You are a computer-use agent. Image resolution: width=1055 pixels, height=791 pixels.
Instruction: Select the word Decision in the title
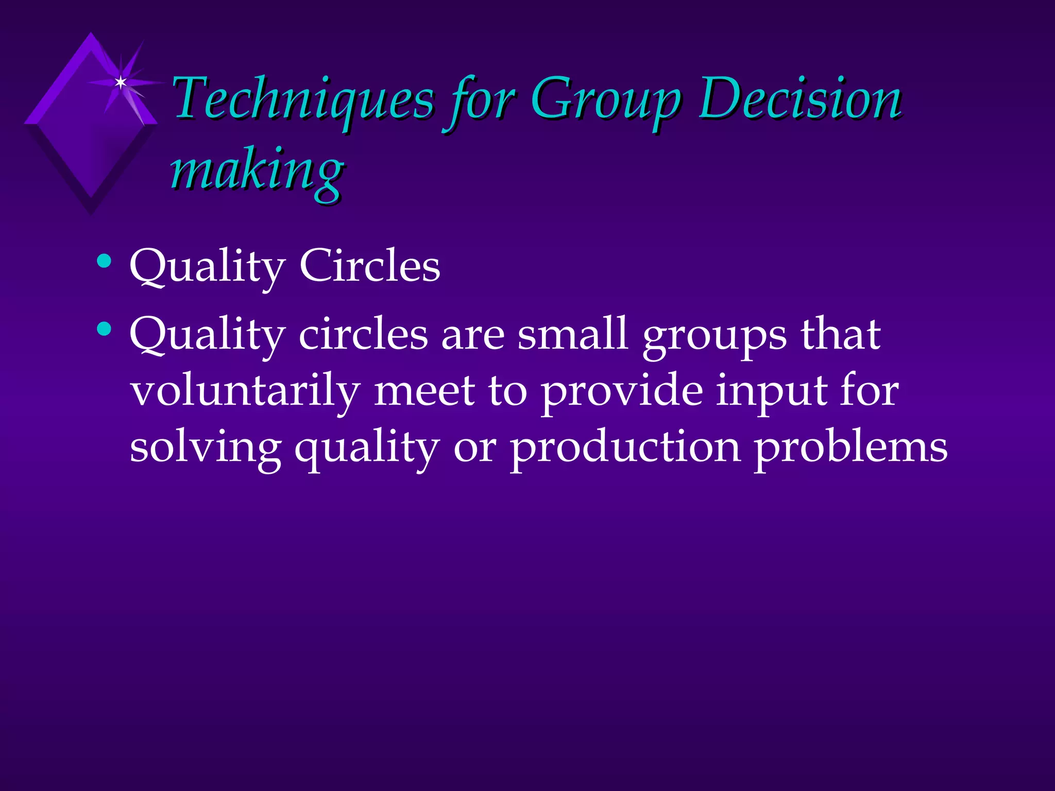pyautogui.click(x=799, y=99)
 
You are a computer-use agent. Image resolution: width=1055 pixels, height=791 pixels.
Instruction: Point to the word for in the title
pyautogui.click(x=482, y=100)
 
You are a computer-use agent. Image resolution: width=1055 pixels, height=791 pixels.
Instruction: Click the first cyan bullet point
pyautogui.click(x=104, y=261)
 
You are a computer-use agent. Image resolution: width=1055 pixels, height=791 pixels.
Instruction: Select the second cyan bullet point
pyautogui.click(x=104, y=329)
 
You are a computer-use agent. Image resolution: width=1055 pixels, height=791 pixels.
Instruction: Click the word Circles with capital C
pyautogui.click(x=369, y=266)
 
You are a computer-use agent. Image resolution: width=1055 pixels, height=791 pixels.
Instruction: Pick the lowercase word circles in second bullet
pyautogui.click(x=363, y=334)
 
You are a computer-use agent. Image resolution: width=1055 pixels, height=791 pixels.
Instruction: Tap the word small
pyautogui.click(x=572, y=334)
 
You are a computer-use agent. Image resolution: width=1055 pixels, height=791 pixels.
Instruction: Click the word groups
pyautogui.click(x=714, y=337)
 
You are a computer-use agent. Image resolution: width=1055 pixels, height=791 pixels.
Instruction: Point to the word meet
pyautogui.click(x=424, y=391)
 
